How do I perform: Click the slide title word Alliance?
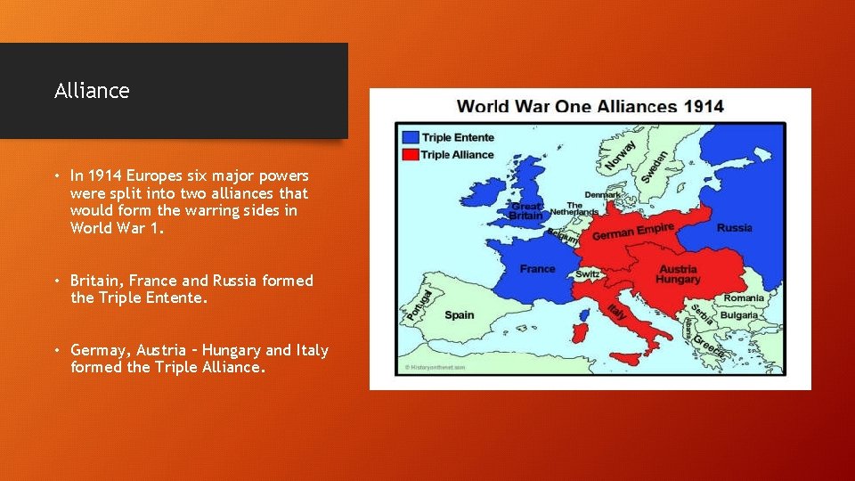pos(92,91)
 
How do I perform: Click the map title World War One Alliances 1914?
pos(590,107)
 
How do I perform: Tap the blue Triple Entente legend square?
pos(409,138)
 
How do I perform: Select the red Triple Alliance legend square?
pos(409,154)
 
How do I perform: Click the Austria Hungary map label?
pos(679,274)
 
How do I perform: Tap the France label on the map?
pos(537,268)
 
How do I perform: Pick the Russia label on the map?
pos(734,228)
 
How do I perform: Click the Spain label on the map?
pos(460,314)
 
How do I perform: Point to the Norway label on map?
pos(621,154)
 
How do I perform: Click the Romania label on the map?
pos(744,298)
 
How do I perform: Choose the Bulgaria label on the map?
pos(738,314)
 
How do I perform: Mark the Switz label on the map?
pos(587,274)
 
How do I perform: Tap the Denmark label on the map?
pos(603,194)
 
